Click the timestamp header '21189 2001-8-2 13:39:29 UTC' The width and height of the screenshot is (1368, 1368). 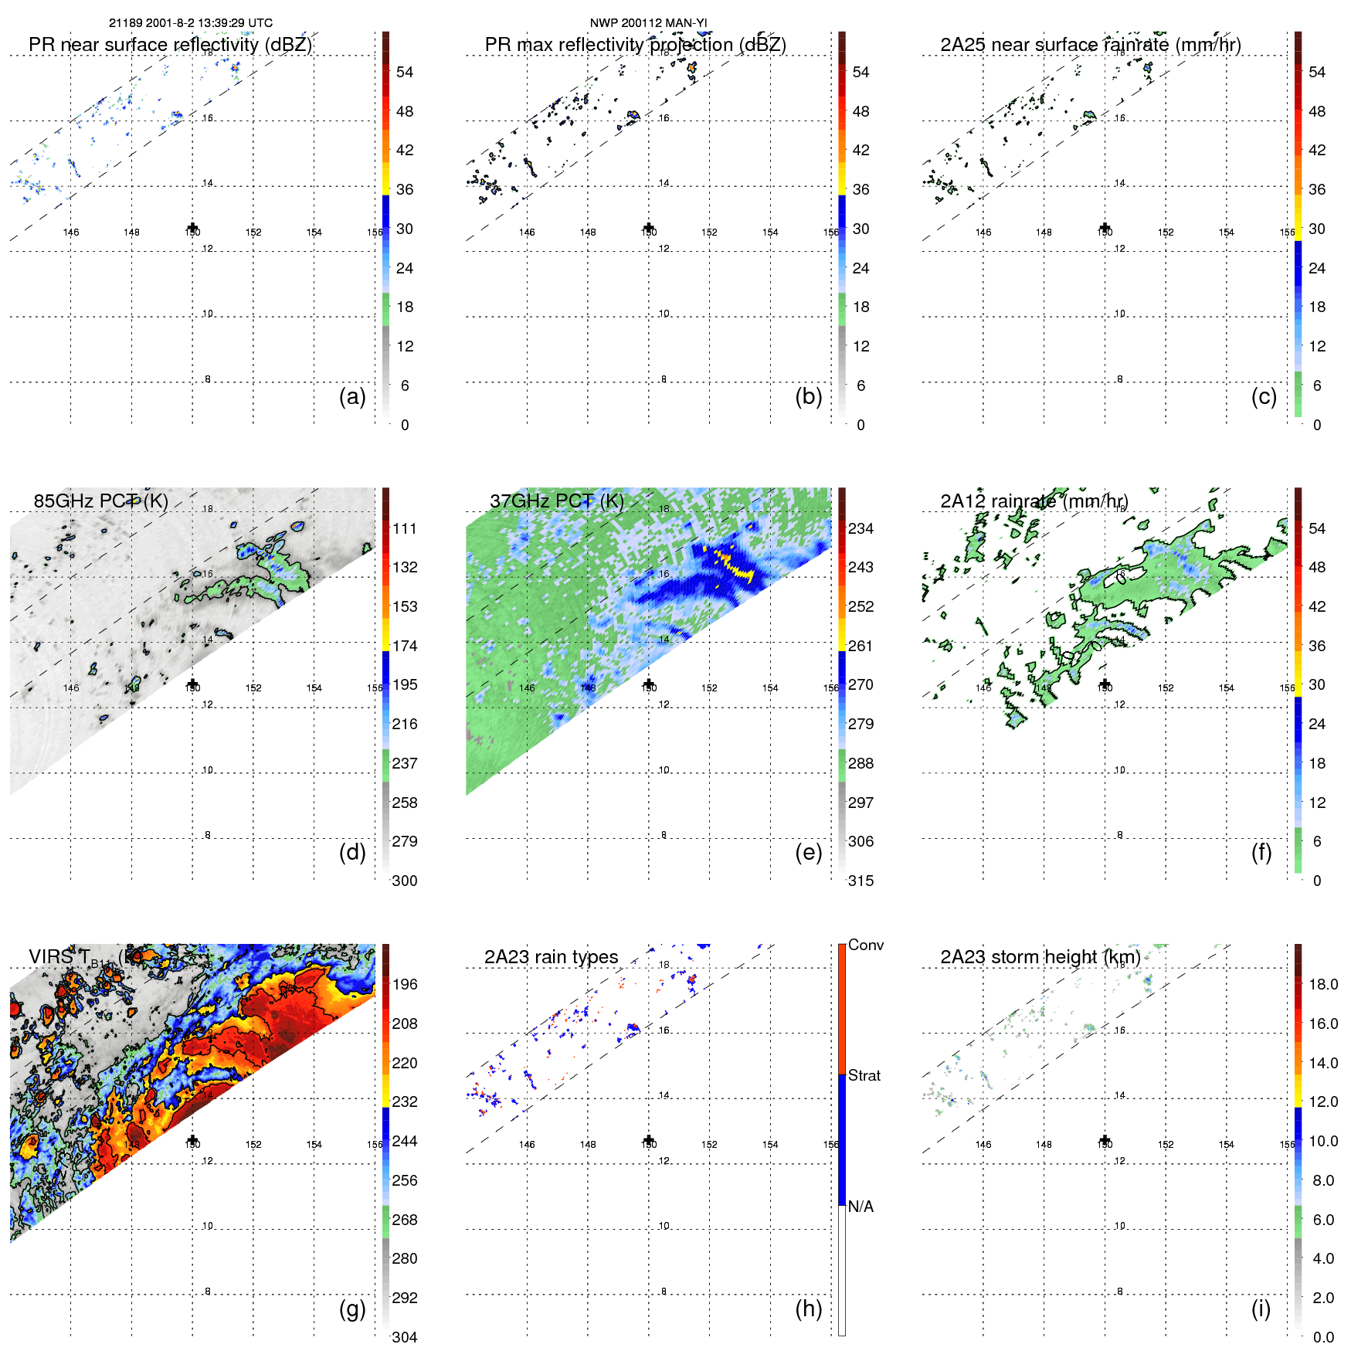(190, 23)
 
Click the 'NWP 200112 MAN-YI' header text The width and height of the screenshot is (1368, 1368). (648, 23)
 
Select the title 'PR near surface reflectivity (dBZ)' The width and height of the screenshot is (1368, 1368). (170, 45)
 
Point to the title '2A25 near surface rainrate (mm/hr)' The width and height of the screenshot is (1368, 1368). (1090, 45)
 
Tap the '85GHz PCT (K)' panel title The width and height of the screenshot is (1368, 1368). (100, 501)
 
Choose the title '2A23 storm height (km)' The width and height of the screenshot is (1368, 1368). (1040, 957)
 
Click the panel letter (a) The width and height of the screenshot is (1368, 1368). (352, 396)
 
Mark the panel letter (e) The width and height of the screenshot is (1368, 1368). (808, 852)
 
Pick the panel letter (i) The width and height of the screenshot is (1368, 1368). (1261, 1309)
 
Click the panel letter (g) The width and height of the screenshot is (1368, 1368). (352, 1309)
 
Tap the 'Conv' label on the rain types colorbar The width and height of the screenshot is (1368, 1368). (865, 945)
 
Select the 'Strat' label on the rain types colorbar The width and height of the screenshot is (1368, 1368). (864, 1075)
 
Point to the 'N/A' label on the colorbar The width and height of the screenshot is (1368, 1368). (861, 1207)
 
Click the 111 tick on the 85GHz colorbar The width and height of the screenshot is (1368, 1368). (405, 528)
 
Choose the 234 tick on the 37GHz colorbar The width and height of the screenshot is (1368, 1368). (861, 528)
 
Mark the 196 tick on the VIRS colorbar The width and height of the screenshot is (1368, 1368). (405, 984)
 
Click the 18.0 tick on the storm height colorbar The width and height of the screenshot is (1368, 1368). (1322, 984)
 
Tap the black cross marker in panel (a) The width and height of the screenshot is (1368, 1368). (193, 228)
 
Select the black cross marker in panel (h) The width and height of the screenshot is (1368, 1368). (649, 1140)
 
